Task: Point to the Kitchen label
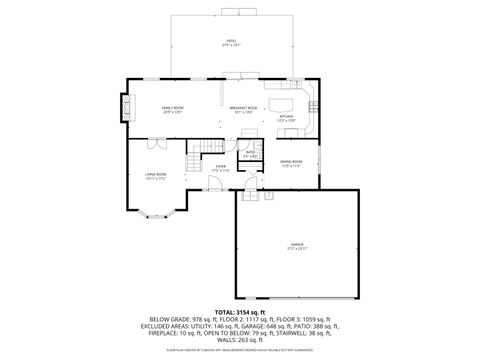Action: [287, 118]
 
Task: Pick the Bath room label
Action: [252, 154]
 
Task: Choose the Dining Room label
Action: [291, 164]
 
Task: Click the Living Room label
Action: [155, 176]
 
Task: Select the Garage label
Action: [298, 244]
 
